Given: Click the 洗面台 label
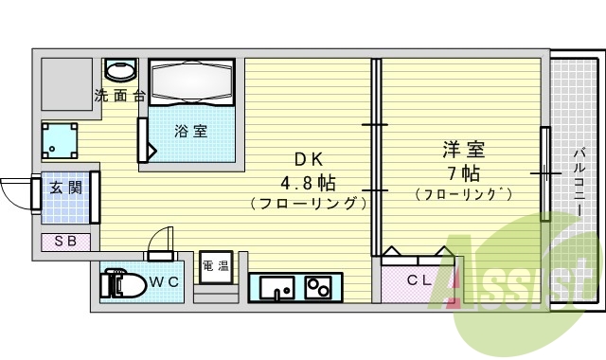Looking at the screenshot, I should click(x=119, y=96).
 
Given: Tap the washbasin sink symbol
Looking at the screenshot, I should click(x=120, y=70).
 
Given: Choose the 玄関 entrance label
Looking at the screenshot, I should click(x=65, y=188).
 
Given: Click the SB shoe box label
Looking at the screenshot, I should click(x=65, y=241).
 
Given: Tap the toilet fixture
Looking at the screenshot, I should click(x=122, y=282).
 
